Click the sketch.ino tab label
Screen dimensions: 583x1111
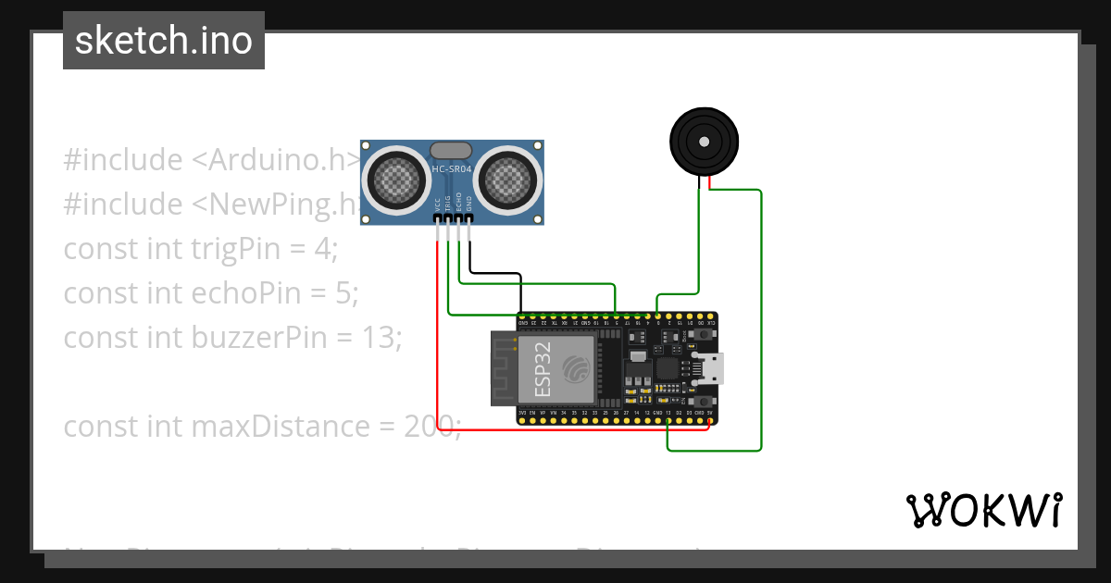[164, 41]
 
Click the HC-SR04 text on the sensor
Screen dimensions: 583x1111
[451, 169]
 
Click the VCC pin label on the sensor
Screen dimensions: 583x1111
[437, 205]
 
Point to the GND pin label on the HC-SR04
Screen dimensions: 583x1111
[469, 205]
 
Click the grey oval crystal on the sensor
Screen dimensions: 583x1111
[451, 149]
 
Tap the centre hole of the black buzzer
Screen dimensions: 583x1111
[704, 142]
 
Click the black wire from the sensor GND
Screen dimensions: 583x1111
[495, 274]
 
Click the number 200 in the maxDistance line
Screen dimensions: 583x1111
[429, 427]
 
